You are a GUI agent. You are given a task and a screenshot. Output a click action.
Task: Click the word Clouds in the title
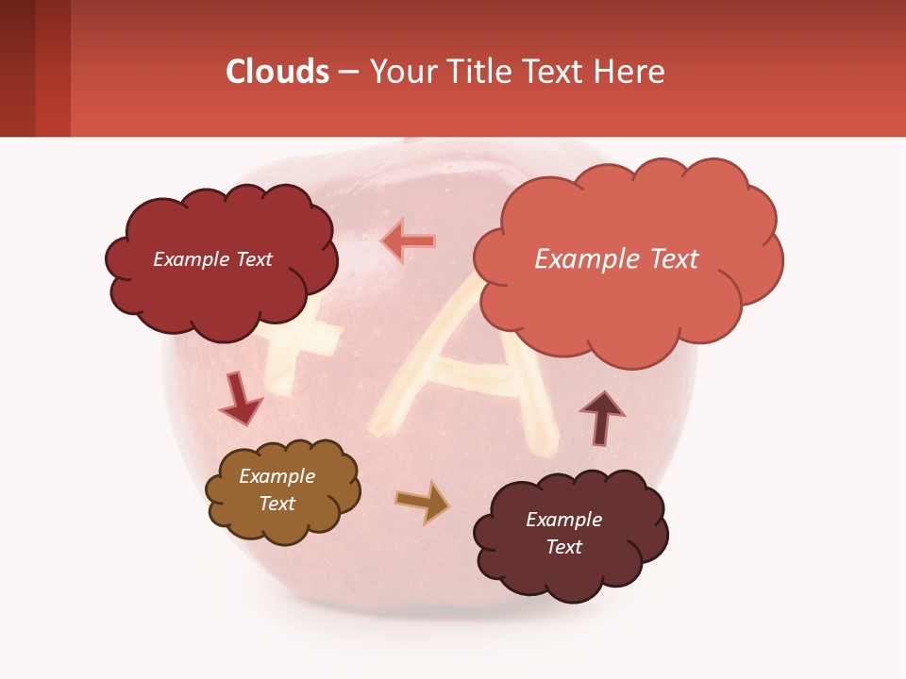[x=277, y=72]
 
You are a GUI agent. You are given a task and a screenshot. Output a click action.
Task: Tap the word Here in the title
[x=633, y=72]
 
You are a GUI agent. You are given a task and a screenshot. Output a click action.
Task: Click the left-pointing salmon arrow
[x=408, y=242]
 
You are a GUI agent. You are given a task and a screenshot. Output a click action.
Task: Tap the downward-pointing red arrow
[x=239, y=399]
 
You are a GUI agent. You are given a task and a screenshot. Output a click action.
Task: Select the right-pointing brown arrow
[x=423, y=502]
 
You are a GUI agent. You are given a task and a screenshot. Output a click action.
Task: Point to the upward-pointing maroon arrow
[x=602, y=417]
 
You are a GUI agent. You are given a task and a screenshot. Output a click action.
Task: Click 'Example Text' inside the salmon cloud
[x=616, y=259]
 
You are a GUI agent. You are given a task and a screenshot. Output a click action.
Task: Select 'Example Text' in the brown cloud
[x=277, y=489]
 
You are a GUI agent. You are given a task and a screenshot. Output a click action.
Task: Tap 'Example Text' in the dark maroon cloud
[x=563, y=533]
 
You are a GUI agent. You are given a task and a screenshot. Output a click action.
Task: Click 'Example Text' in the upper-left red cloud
[x=212, y=259]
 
